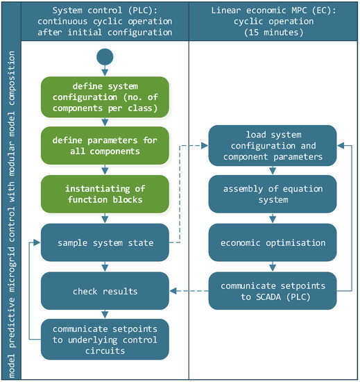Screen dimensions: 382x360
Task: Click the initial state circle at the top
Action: coord(104,57)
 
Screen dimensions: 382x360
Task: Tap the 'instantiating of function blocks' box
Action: coord(104,193)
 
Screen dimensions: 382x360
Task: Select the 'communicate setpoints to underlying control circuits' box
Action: coord(104,338)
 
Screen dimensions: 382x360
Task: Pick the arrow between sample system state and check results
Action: coord(104,265)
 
